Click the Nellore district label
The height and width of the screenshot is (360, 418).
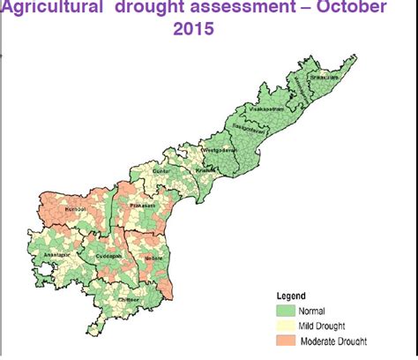point(155,258)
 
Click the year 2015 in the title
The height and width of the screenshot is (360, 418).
point(193,29)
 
